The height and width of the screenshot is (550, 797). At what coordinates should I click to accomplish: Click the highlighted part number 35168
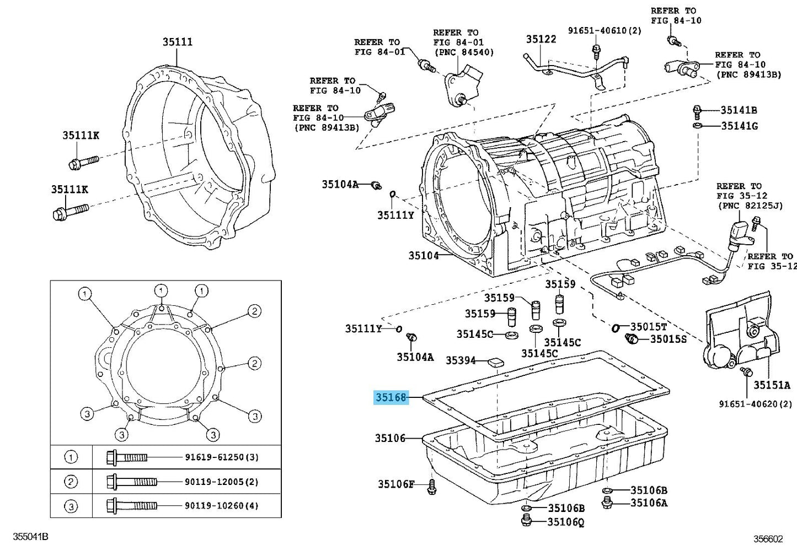391,397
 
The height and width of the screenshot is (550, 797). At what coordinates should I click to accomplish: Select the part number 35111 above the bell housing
178,42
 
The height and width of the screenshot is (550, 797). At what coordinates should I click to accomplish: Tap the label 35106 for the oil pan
391,438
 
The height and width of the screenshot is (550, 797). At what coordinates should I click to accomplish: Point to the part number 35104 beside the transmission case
424,256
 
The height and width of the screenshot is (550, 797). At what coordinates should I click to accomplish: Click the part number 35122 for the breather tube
541,39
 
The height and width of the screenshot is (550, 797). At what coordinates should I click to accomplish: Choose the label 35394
461,360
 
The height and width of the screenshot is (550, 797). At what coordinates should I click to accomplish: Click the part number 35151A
772,385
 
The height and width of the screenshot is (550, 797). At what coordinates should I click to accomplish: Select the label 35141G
739,126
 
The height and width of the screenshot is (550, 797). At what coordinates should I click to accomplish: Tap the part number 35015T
649,326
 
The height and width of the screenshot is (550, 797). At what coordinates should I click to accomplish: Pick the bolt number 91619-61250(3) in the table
221,457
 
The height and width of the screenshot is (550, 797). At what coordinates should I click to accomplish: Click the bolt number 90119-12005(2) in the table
221,482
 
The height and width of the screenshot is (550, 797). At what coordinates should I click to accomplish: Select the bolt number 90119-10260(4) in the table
221,505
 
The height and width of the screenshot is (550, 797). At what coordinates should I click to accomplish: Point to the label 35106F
395,484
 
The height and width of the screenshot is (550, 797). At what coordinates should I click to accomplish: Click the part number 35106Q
566,521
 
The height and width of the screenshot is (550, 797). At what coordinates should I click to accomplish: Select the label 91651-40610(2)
605,31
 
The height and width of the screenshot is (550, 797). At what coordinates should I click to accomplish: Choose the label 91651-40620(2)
755,404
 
